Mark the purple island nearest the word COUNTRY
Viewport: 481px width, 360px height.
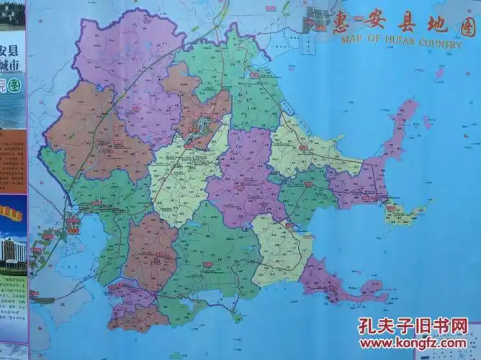click(439, 72)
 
